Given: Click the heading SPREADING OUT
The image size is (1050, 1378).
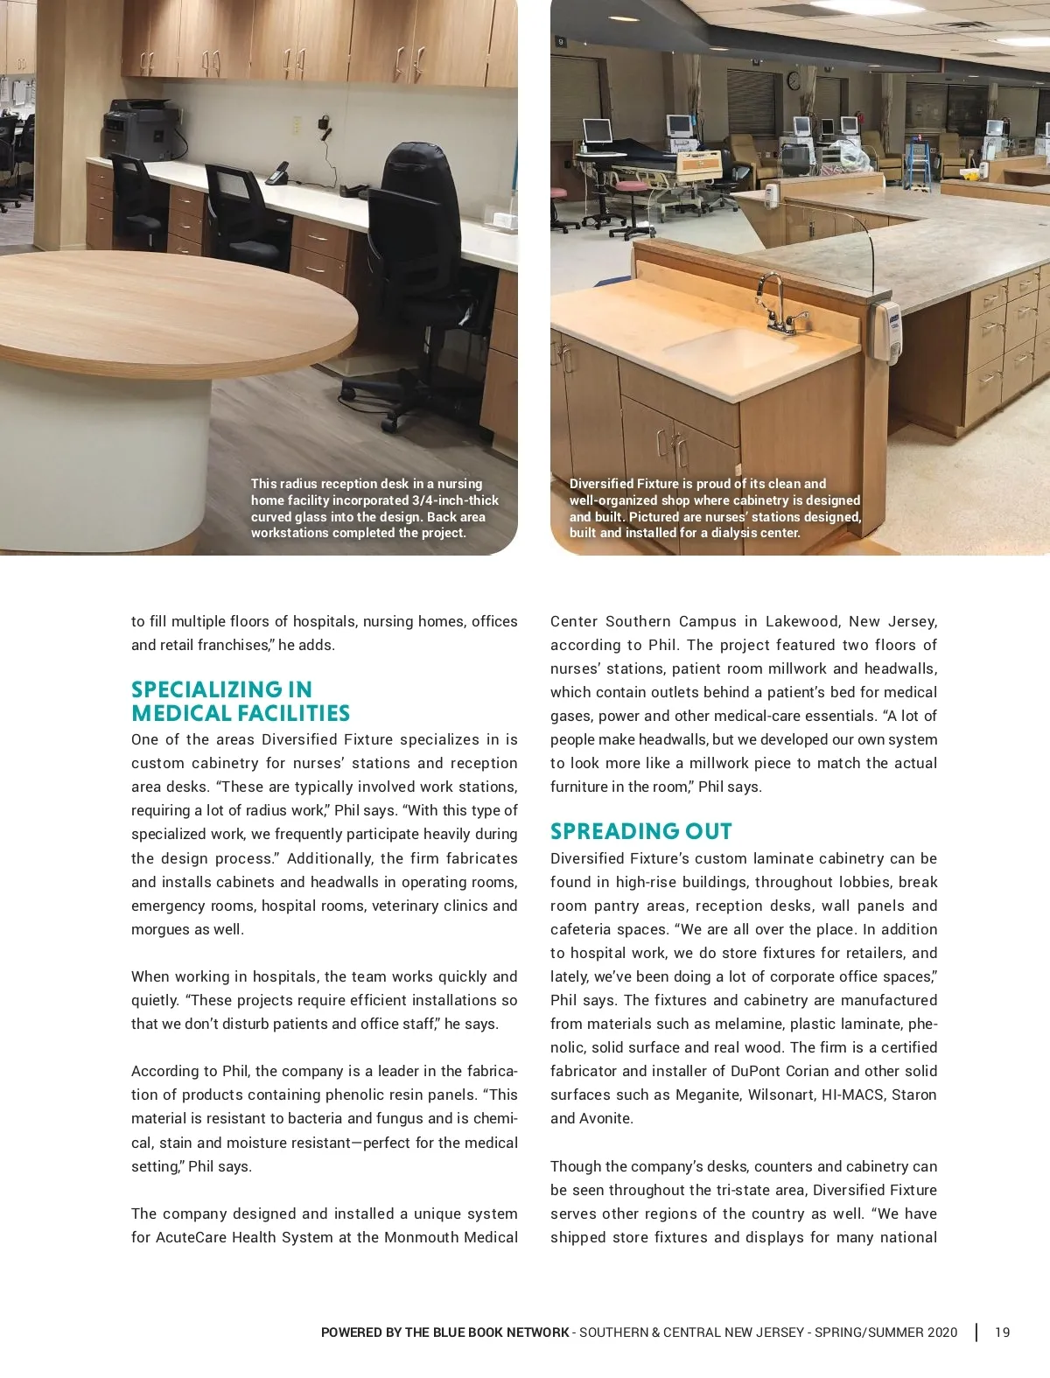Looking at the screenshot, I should (x=640, y=831).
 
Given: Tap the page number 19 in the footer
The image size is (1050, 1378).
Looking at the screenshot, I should (x=1002, y=1333).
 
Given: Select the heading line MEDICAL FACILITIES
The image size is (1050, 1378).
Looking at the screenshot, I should (x=241, y=713).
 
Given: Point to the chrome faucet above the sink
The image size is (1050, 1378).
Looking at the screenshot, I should (x=773, y=302).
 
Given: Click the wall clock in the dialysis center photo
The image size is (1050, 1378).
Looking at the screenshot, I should (x=794, y=80).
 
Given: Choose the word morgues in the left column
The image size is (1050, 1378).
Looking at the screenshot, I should (x=157, y=929).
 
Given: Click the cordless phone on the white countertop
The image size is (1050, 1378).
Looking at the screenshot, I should (x=277, y=172).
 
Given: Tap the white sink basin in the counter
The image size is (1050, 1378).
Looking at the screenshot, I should (x=731, y=346).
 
